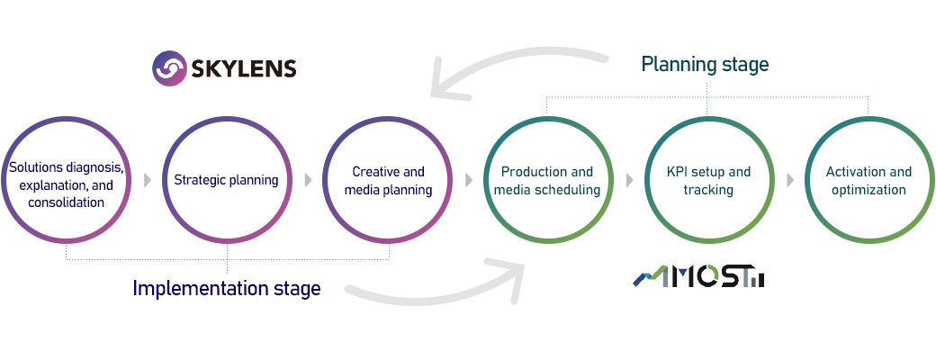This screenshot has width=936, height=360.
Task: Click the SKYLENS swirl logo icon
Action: (169, 68)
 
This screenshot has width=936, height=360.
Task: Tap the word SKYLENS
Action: (244, 69)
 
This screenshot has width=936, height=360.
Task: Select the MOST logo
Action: (698, 276)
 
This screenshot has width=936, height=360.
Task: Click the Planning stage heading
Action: (705, 64)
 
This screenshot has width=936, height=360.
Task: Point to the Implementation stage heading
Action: (226, 288)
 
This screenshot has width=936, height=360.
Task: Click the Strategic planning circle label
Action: (226, 180)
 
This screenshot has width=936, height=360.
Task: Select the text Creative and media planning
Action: (388, 181)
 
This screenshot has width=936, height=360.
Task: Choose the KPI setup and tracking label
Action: (708, 181)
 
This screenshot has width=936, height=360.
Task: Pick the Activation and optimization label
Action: (868, 181)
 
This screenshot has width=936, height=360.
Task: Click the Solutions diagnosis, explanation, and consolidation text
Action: (67, 184)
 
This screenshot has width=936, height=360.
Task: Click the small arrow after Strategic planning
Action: (308, 180)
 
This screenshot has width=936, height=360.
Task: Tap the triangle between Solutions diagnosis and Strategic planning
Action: (148, 180)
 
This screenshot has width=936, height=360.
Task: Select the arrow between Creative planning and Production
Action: (469, 180)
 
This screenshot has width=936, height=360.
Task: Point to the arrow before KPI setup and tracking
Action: (629, 180)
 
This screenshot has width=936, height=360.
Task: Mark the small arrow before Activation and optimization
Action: (790, 180)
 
